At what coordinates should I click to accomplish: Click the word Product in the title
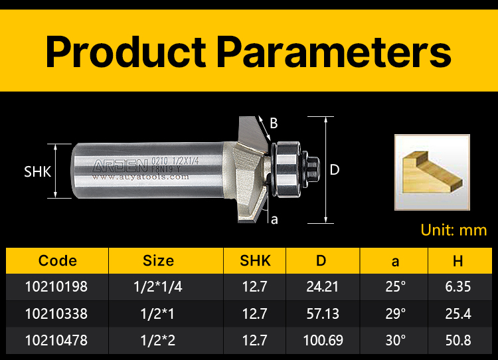[125, 51]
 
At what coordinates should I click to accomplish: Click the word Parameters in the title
[334, 51]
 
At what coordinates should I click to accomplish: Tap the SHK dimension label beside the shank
[37, 172]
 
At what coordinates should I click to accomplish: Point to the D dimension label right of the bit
[335, 170]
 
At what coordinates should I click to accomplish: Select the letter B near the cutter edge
[274, 124]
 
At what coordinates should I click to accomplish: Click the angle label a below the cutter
[274, 220]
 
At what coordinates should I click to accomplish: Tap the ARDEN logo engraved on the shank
[120, 165]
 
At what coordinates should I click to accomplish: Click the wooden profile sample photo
[432, 172]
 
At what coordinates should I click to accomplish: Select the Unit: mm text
[454, 230]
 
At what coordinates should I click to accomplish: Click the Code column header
[58, 261]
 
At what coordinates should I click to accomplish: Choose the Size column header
[158, 261]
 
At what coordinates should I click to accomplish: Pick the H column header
[457, 261]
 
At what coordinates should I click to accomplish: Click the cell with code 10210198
[56, 287]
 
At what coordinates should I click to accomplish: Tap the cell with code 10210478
[56, 341]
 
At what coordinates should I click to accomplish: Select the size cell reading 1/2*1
[157, 314]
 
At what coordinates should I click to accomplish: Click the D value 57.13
[323, 314]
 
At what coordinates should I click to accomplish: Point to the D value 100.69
[323, 341]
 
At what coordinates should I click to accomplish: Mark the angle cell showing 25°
[396, 287]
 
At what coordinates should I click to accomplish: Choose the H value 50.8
[458, 341]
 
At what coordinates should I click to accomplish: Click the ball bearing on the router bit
[288, 169]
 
